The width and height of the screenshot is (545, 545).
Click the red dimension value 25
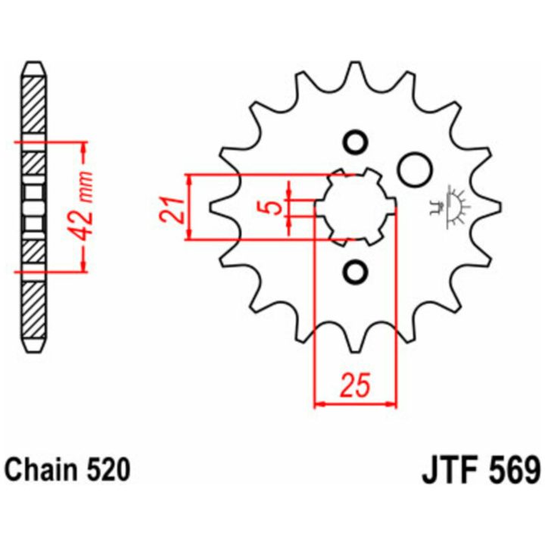click(x=355, y=385)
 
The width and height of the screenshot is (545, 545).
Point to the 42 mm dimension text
click(x=84, y=206)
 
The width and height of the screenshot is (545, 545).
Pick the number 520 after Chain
click(x=107, y=470)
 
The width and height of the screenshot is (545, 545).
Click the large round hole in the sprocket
click(x=415, y=170)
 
